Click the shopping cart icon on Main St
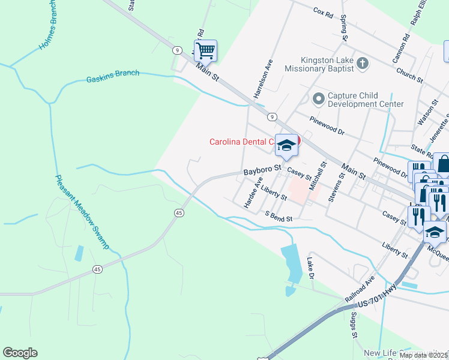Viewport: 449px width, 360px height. point(205,50)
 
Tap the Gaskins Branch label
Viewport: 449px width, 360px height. point(112,76)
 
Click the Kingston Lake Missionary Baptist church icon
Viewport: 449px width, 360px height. point(362,63)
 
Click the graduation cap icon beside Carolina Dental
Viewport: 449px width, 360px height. point(286,145)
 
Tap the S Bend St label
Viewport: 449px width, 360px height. point(279,215)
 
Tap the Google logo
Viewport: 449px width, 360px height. point(20,353)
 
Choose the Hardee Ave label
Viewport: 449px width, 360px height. point(253,193)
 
